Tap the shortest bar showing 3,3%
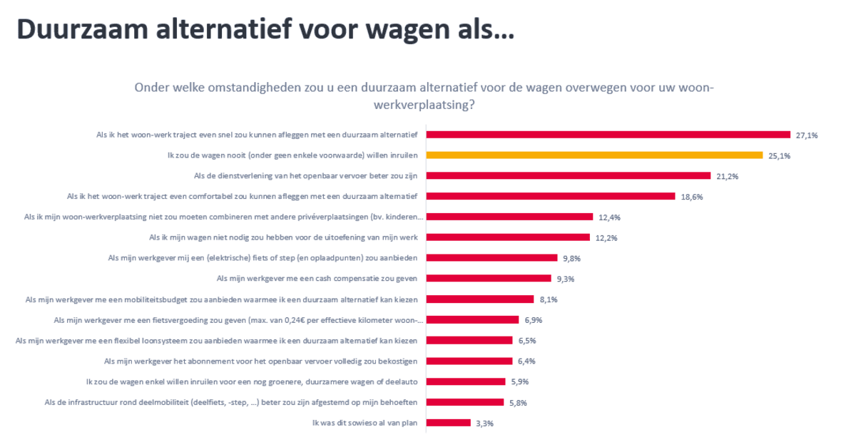[x=449, y=423]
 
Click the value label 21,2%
[x=728, y=176]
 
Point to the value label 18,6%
[x=692, y=197]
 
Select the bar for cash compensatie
[x=489, y=279]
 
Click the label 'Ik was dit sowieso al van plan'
[x=364, y=423]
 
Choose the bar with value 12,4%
[x=510, y=217]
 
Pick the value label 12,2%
[x=607, y=238]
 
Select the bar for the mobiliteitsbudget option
[x=481, y=299]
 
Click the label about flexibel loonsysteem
[x=221, y=341]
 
